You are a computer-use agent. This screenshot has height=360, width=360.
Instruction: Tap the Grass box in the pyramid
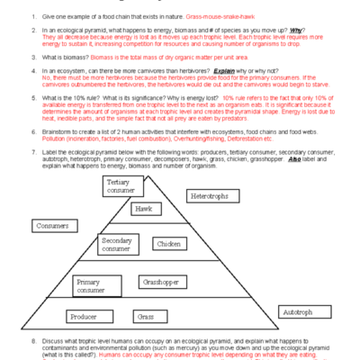145,316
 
